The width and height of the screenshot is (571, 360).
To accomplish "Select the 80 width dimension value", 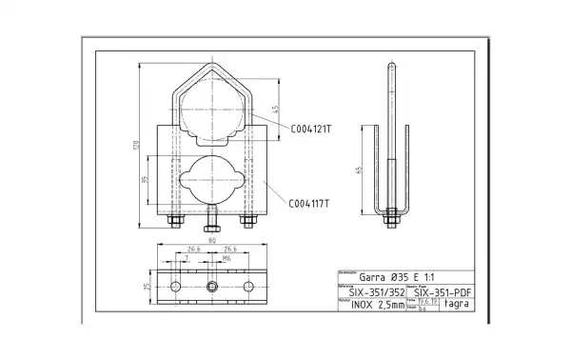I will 210,241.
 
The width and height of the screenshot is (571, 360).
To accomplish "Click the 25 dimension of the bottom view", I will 146,286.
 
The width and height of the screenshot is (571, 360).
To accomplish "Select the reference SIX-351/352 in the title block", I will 370,292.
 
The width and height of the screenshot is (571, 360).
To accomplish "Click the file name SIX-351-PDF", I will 444,292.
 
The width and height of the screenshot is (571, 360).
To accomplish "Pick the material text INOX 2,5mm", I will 370,307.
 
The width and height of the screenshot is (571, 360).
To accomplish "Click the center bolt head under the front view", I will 211,227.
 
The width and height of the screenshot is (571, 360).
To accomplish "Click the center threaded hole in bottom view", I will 211,287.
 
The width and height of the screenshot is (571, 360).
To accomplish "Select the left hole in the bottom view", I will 174,287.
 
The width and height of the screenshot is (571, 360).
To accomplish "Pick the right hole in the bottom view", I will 248,287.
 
